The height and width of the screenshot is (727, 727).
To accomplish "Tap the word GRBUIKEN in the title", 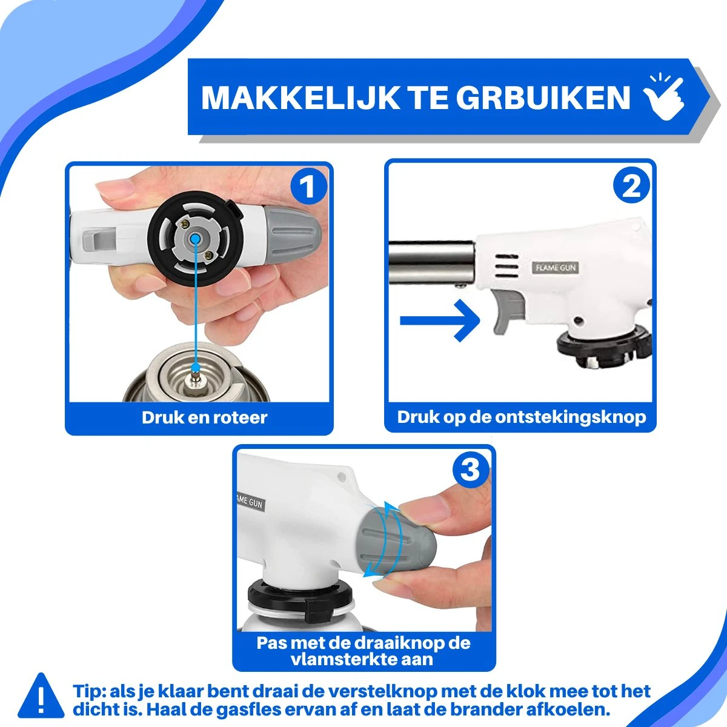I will pos(543,98).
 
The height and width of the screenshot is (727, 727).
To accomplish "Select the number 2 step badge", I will pos(631,186).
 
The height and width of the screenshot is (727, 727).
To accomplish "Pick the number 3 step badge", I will pos(470,470).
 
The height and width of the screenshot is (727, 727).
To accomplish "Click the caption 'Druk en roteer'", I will pos(204,417).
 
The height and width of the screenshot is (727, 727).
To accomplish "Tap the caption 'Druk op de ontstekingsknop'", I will pos(521,417).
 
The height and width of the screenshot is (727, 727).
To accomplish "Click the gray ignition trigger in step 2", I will pos(505,309).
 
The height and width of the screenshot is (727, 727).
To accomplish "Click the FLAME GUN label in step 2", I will pos(556,267).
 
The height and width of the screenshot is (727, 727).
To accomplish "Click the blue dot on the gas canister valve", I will pos(195,367).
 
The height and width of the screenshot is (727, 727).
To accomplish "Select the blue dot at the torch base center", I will pos(194,240).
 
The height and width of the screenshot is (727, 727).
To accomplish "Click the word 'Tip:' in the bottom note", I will pos(90,691).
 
